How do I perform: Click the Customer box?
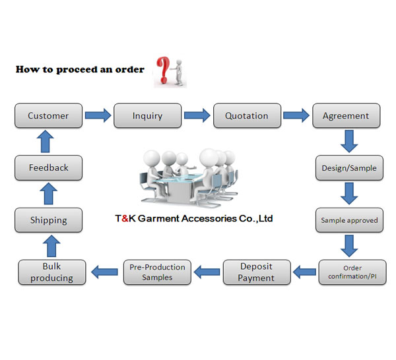pos(48,115)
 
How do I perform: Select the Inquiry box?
pos(147,115)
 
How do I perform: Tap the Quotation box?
pos(246,115)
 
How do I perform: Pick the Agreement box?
pos(346,115)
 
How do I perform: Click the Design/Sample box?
pos(349,167)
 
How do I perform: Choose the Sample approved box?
pos(349,220)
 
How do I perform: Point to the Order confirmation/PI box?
pos(352,272)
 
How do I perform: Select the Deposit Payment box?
pos(256,272)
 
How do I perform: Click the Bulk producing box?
pos(52,272)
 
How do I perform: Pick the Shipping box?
pos(48,220)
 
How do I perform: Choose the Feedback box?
pos(48,167)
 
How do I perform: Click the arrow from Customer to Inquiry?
pos(98,115)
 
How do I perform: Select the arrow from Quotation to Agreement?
pos(296,115)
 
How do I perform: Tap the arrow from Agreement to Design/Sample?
pos(349,141)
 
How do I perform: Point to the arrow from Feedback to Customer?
pos(48,141)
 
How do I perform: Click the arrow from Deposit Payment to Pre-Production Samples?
pos(206,270)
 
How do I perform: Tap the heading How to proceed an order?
pos(80,69)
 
